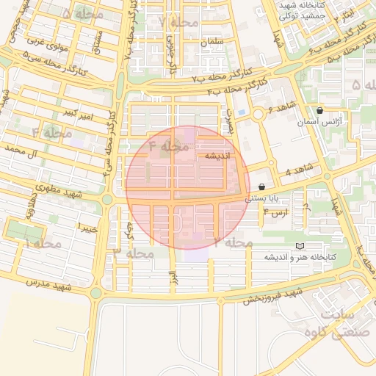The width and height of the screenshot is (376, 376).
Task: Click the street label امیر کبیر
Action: tap(78, 113)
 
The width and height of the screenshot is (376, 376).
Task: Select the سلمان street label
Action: tap(210, 43)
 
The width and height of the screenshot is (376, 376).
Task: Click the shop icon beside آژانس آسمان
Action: tap(319, 110)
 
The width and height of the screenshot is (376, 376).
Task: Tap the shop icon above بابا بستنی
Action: tap(262, 187)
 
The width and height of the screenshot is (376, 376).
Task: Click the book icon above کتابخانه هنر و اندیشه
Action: tap(299, 246)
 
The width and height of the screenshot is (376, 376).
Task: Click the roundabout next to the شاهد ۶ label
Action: tap(258, 115)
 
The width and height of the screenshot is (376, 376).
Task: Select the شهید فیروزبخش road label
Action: tap(274, 295)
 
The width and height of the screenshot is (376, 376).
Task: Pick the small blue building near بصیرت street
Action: tap(242, 123)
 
